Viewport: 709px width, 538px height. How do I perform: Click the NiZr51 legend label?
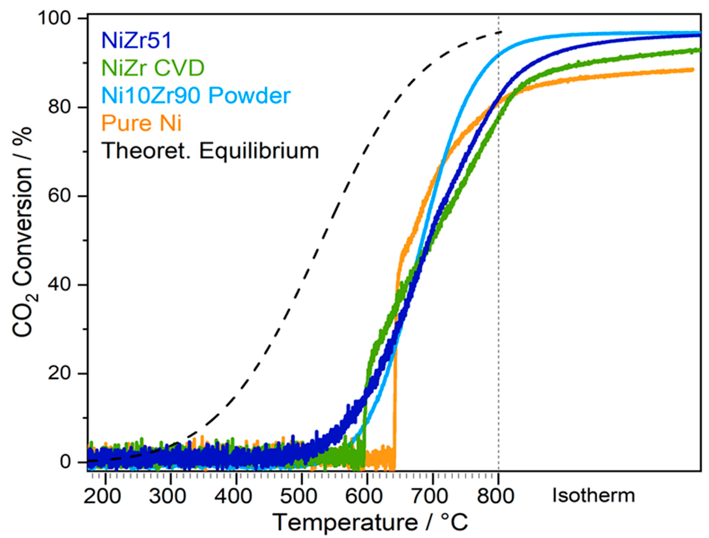(x=137, y=41)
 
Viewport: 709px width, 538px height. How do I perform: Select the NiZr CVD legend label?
(x=153, y=68)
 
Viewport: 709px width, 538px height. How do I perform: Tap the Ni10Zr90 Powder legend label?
(x=196, y=96)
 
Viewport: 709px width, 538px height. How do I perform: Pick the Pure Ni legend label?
(x=142, y=123)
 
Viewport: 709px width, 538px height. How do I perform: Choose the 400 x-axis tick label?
(x=233, y=496)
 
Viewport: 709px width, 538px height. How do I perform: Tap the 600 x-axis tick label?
(x=364, y=496)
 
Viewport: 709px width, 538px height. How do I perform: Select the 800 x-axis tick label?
(x=496, y=496)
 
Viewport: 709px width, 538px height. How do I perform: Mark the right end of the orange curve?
(x=693, y=70)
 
